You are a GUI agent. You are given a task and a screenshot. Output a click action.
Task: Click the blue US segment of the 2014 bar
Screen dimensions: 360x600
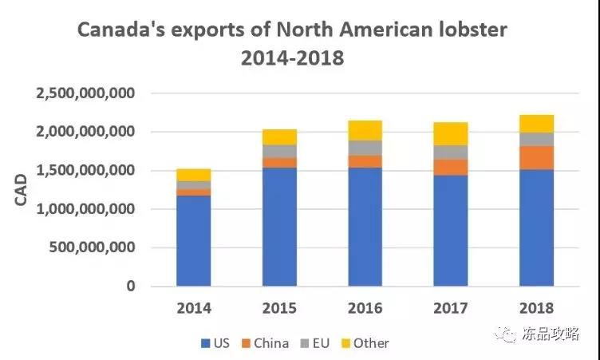click(x=193, y=240)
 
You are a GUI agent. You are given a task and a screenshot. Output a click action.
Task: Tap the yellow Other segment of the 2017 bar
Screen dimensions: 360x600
click(x=451, y=133)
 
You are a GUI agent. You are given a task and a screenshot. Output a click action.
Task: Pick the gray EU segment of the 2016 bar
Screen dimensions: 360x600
click(x=365, y=148)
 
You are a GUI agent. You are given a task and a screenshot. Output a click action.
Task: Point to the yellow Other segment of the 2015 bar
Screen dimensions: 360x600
click(x=279, y=136)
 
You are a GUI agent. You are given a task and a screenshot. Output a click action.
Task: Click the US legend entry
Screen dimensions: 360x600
click(x=217, y=343)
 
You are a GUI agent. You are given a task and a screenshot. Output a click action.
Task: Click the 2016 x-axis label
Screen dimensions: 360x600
click(x=365, y=308)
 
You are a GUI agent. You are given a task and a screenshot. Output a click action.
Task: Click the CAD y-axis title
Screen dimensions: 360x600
click(x=22, y=190)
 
